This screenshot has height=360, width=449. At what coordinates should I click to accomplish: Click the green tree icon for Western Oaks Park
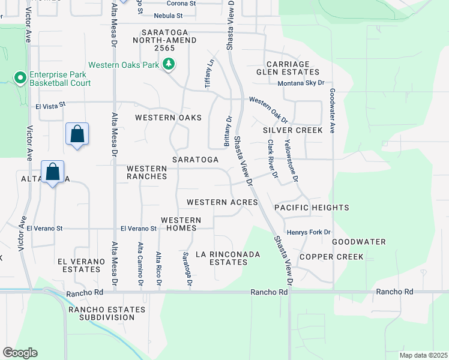click(x=170, y=64)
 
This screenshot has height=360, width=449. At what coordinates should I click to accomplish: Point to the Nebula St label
click(x=167, y=16)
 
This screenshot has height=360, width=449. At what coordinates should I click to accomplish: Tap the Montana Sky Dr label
click(x=301, y=83)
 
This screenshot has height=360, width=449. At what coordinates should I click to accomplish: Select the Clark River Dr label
click(x=273, y=158)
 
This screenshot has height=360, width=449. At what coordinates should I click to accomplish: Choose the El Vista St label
click(x=50, y=106)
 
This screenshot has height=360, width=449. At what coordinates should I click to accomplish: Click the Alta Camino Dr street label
click(x=141, y=263)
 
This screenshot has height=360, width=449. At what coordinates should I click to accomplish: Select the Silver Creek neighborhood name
click(x=292, y=130)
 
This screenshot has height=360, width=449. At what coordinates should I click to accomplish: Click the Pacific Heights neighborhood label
click(x=312, y=208)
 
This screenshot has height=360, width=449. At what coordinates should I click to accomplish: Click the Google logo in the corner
click(x=20, y=353)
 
